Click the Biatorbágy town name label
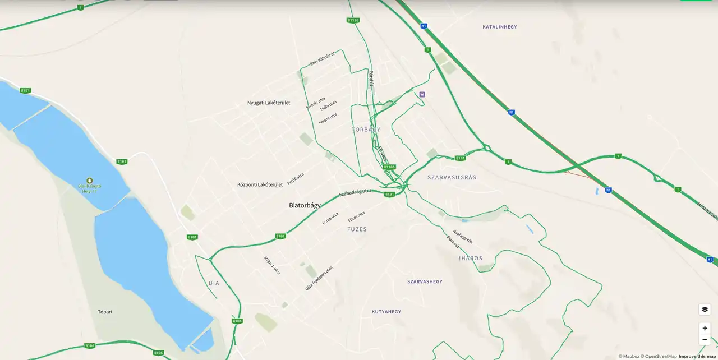click(x=305, y=205)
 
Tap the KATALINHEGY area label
click(x=499, y=27)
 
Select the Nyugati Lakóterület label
click(x=269, y=103)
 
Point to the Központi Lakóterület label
click(x=259, y=184)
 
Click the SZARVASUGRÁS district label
click(x=452, y=177)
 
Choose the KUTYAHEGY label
click(x=386, y=311)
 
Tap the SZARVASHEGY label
click(x=425, y=281)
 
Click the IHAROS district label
click(x=471, y=258)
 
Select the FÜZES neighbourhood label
click(x=357, y=229)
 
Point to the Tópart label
click(x=105, y=312)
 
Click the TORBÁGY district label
click(x=366, y=130)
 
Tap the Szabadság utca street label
click(x=355, y=193)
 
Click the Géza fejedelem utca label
click(x=319, y=278)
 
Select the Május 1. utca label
click(x=272, y=265)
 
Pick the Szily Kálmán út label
click(x=322, y=58)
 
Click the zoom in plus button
click(x=705, y=328)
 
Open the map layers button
click(x=705, y=310)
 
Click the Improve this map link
click(x=697, y=356)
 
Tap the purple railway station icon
click(x=422, y=94)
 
